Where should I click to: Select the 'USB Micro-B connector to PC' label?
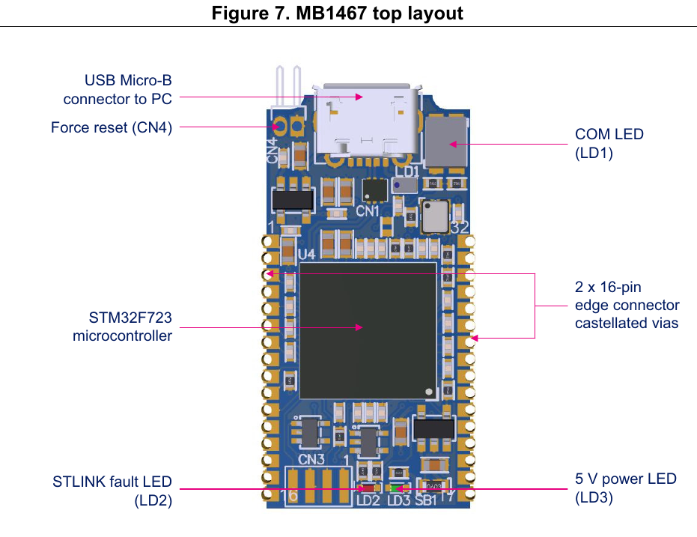click(118, 89)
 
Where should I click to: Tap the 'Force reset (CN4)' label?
click(112, 127)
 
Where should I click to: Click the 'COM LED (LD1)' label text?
click(609, 142)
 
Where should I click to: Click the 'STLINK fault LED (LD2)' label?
click(112, 490)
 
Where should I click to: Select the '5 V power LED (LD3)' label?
click(625, 488)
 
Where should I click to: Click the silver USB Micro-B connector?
click(364, 124)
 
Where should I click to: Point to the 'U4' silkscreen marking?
click(307, 255)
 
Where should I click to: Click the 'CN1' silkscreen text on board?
click(368, 211)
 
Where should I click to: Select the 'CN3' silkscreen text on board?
click(311, 458)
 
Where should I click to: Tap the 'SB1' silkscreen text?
click(425, 500)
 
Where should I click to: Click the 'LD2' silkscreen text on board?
click(368, 500)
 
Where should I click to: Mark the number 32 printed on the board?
click(460, 227)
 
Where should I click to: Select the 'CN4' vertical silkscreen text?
click(273, 151)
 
